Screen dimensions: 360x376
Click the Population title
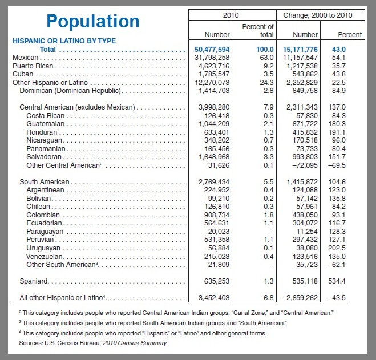(93, 21)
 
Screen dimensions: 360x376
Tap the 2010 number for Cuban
(214, 74)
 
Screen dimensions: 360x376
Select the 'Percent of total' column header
(258, 30)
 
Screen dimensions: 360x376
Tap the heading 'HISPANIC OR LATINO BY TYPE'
(64, 41)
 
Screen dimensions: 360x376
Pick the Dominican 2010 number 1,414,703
(214, 91)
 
